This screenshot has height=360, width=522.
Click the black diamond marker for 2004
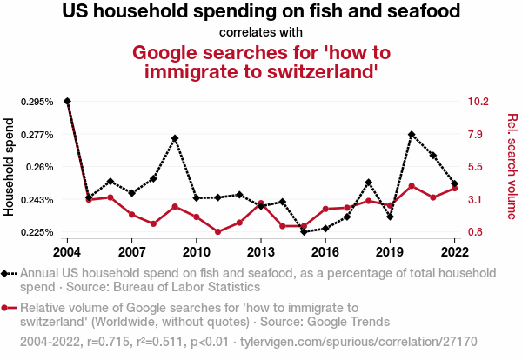(68, 102)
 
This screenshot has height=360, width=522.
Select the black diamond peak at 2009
(175, 138)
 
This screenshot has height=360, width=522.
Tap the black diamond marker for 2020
(412, 135)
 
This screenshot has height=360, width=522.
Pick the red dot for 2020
(412, 186)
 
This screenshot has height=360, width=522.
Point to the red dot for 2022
(454, 188)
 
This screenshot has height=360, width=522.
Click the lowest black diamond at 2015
(304, 231)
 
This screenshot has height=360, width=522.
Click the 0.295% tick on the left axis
(37, 102)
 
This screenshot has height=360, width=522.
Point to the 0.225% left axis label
(37, 232)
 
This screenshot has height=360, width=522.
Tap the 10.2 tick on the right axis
(479, 102)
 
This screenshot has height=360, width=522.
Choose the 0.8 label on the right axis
(477, 232)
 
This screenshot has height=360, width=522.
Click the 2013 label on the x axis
(261, 251)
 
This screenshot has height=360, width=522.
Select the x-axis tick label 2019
(390, 251)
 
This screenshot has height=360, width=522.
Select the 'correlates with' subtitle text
(261, 33)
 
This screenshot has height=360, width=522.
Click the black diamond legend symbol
(10, 273)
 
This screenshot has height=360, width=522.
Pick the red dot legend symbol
(10, 307)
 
